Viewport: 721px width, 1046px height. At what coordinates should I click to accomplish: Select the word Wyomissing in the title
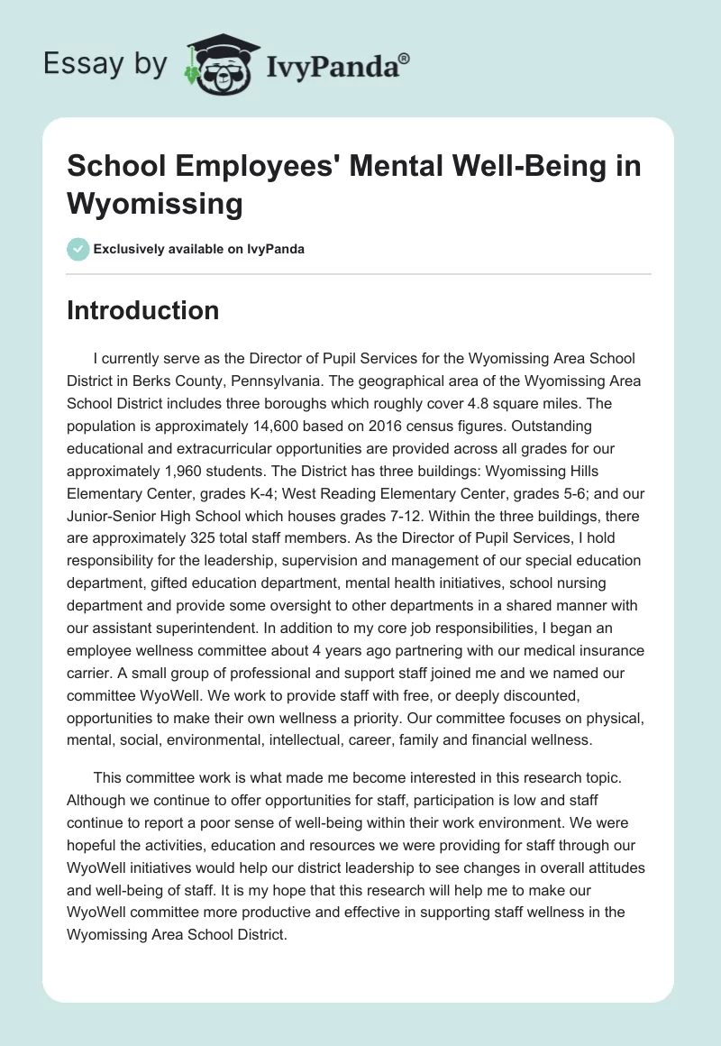coord(155,205)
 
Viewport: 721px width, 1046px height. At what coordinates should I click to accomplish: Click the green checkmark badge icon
coord(78,249)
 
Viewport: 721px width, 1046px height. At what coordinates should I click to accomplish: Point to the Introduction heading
coord(142,311)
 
